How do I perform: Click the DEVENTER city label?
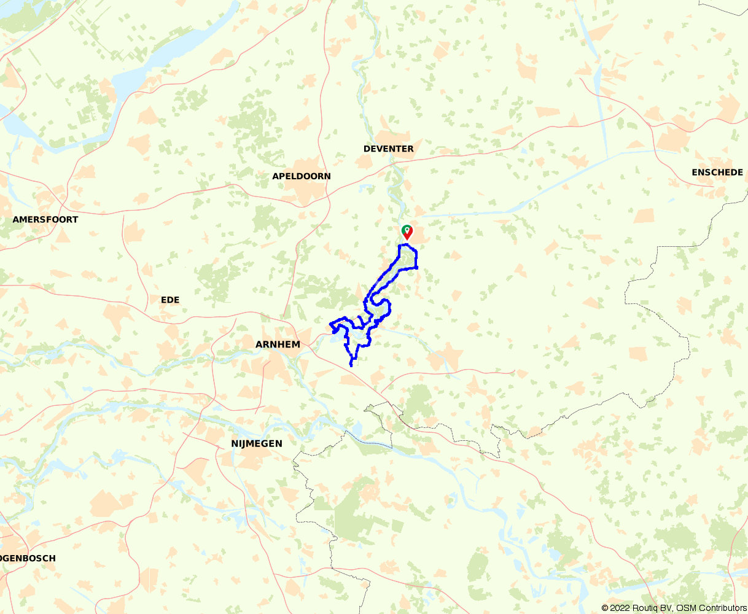pyautogui.click(x=388, y=149)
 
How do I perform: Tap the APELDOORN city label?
pyautogui.click(x=301, y=176)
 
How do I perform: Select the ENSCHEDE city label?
pyautogui.click(x=717, y=173)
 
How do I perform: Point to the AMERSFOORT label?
pyautogui.click(x=45, y=219)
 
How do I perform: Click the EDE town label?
pyautogui.click(x=169, y=300)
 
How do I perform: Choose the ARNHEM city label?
pyautogui.click(x=278, y=344)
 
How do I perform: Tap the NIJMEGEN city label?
pyautogui.click(x=257, y=443)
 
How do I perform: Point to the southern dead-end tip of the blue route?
pyautogui.click(x=351, y=366)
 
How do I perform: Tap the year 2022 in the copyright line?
pyautogui.click(x=620, y=608)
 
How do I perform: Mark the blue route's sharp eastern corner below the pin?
pyautogui.click(x=417, y=268)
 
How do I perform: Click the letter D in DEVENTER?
pyautogui.click(x=367, y=149)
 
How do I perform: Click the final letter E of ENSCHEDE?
pyautogui.click(x=740, y=173)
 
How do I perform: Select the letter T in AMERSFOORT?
pyautogui.click(x=76, y=219)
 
